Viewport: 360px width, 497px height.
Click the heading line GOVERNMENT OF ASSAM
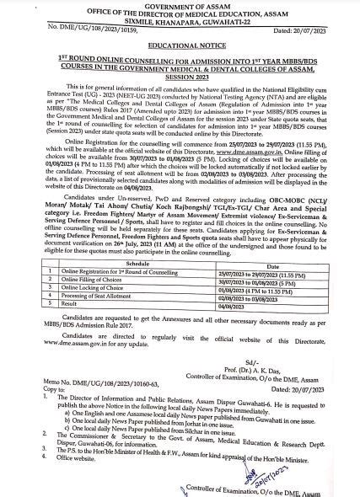pos(180,4)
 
